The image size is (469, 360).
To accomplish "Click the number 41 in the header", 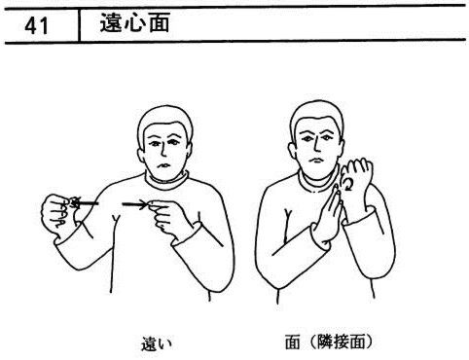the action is [x=36, y=25].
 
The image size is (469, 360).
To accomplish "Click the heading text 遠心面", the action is [x=134, y=23].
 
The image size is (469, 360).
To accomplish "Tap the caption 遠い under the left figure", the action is [x=157, y=343].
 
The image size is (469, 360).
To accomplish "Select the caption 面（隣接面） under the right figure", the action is [x=329, y=342].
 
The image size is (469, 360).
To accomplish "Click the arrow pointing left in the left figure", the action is [x=85, y=203].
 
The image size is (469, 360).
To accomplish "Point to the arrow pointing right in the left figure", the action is [x=135, y=204].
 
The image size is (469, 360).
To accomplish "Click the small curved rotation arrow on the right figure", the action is [x=349, y=184].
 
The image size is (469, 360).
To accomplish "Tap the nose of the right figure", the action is [x=316, y=146].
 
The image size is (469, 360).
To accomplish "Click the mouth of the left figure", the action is [x=162, y=165].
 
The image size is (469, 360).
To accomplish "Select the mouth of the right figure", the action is [x=315, y=161].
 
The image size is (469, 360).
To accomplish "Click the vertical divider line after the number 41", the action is [x=79, y=25].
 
